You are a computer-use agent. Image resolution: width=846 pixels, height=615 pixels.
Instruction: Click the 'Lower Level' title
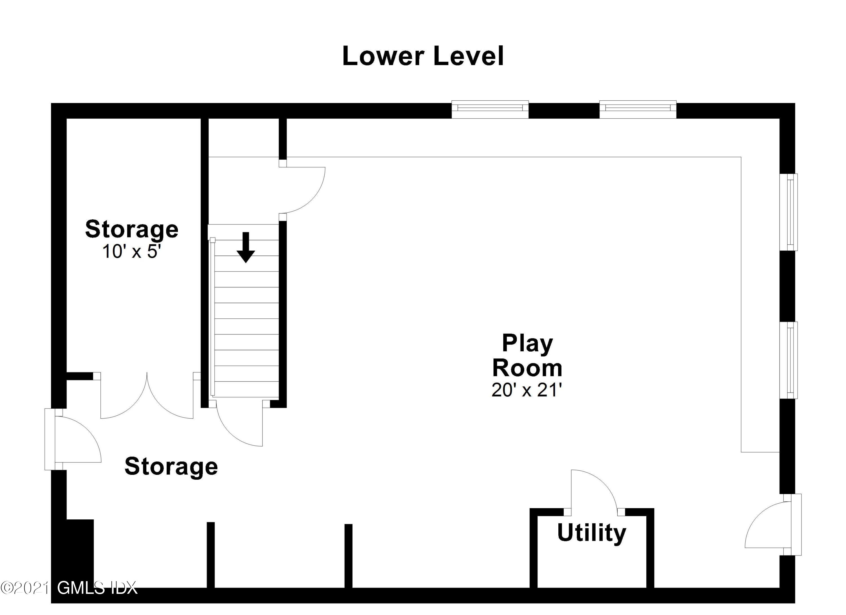coord(423,56)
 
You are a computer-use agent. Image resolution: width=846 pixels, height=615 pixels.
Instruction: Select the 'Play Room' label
coord(527,355)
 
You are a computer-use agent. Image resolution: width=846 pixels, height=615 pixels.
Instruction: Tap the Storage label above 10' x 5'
coord(132,229)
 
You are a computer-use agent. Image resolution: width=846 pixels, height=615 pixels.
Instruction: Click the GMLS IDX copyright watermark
coord(69,588)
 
